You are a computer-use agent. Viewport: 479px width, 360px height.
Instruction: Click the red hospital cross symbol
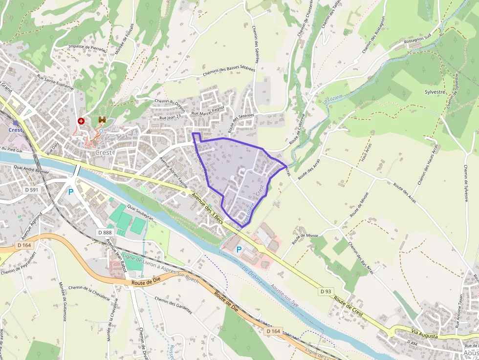click(81, 121)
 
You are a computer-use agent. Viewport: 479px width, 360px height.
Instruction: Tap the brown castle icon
click(102, 120)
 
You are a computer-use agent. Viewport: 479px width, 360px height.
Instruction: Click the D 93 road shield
click(326, 291)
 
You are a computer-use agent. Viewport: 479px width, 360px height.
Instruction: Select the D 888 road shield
click(105, 233)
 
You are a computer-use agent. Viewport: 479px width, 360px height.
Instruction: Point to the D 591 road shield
click(31, 190)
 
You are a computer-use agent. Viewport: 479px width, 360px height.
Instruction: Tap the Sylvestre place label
click(435, 92)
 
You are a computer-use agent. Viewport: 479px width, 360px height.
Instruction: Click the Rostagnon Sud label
click(417, 39)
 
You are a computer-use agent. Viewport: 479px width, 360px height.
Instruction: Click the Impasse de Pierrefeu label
click(88, 47)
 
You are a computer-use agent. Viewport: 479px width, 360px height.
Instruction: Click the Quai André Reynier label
click(31, 169)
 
